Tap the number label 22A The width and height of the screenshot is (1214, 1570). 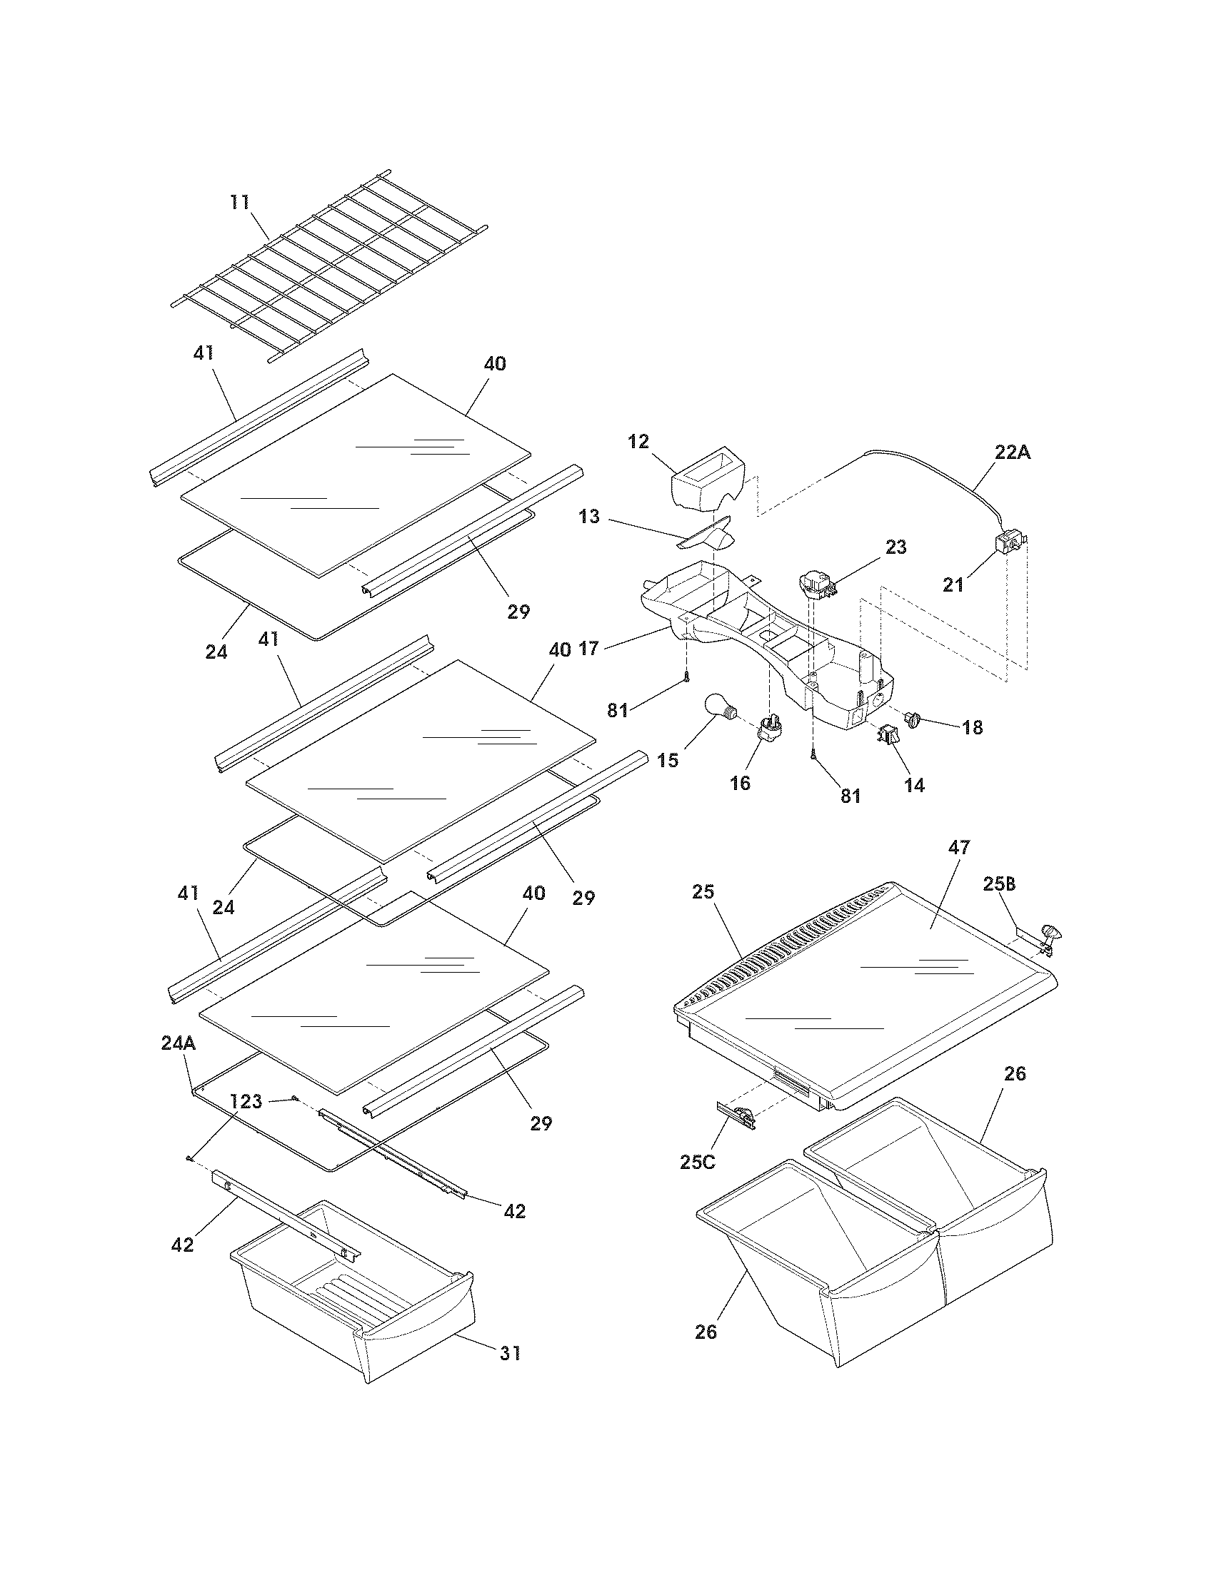1013,453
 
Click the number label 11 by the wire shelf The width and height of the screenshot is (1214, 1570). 240,202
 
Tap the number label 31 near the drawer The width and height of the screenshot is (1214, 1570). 510,1353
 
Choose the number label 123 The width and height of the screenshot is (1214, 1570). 246,1100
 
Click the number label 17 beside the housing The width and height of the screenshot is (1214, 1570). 588,649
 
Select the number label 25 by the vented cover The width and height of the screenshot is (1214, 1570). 703,891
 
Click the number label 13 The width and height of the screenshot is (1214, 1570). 589,516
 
